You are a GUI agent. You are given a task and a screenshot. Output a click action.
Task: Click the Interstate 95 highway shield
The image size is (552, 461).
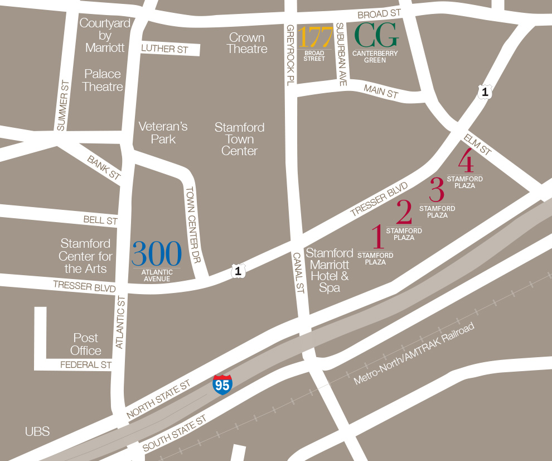point(222,385)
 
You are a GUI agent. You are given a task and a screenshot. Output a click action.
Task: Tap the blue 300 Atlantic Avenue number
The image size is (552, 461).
point(157,254)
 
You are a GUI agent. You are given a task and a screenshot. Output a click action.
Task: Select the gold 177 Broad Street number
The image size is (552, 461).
point(314,37)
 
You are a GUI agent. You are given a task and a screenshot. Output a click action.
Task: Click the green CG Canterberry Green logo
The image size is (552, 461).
point(377,36)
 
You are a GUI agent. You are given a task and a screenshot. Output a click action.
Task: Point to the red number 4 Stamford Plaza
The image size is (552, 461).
point(466,162)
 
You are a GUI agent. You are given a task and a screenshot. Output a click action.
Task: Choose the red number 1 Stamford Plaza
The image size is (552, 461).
point(378,237)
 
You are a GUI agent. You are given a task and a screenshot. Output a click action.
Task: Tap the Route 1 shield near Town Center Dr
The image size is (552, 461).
point(238,272)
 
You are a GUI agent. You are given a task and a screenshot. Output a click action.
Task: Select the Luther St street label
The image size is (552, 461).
point(164,49)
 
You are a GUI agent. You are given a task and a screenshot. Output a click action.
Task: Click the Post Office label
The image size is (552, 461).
point(86,344)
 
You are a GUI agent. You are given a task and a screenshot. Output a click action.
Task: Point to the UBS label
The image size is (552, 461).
point(37,431)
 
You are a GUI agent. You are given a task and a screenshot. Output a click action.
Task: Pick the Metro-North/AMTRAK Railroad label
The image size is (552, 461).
point(414,353)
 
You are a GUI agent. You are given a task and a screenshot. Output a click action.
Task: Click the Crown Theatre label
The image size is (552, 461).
point(247,43)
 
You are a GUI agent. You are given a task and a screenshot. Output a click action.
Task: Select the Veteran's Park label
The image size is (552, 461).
point(163,133)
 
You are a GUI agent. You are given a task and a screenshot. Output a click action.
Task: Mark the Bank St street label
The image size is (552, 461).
point(103,167)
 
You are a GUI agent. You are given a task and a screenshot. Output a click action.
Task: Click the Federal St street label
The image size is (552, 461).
point(86,365)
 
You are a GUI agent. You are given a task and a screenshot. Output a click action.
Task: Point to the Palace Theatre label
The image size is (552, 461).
point(103,80)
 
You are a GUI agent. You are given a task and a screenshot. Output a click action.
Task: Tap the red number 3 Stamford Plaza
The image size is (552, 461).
point(437,190)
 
